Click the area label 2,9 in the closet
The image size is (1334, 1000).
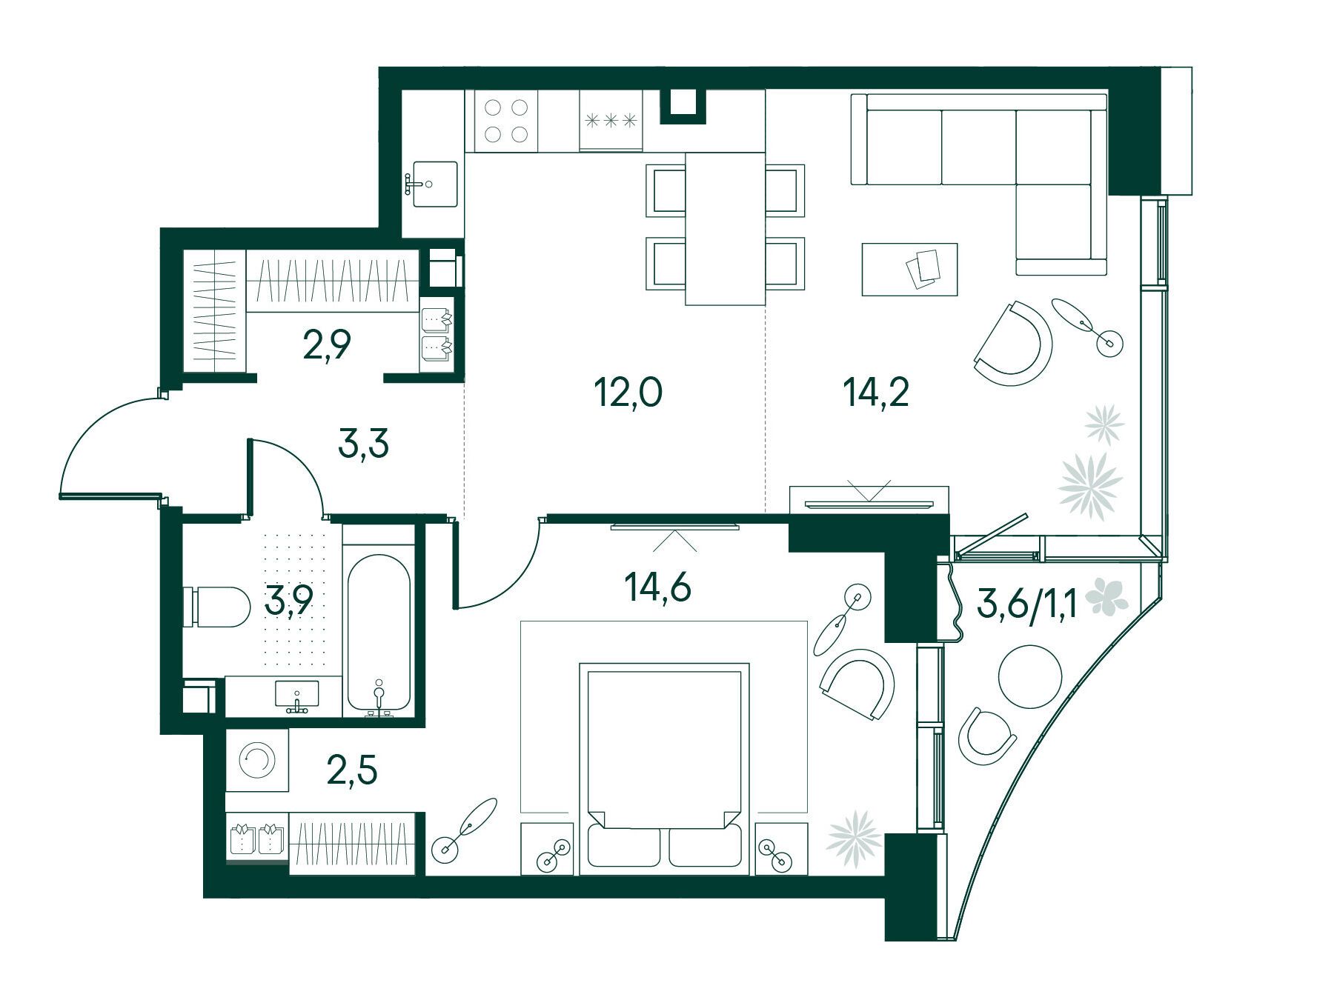[326, 345]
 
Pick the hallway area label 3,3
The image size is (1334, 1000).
[363, 447]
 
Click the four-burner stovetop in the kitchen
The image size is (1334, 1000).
[502, 121]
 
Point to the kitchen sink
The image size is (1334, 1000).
[431, 184]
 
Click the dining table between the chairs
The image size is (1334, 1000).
[725, 228]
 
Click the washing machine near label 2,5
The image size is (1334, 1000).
[257, 760]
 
